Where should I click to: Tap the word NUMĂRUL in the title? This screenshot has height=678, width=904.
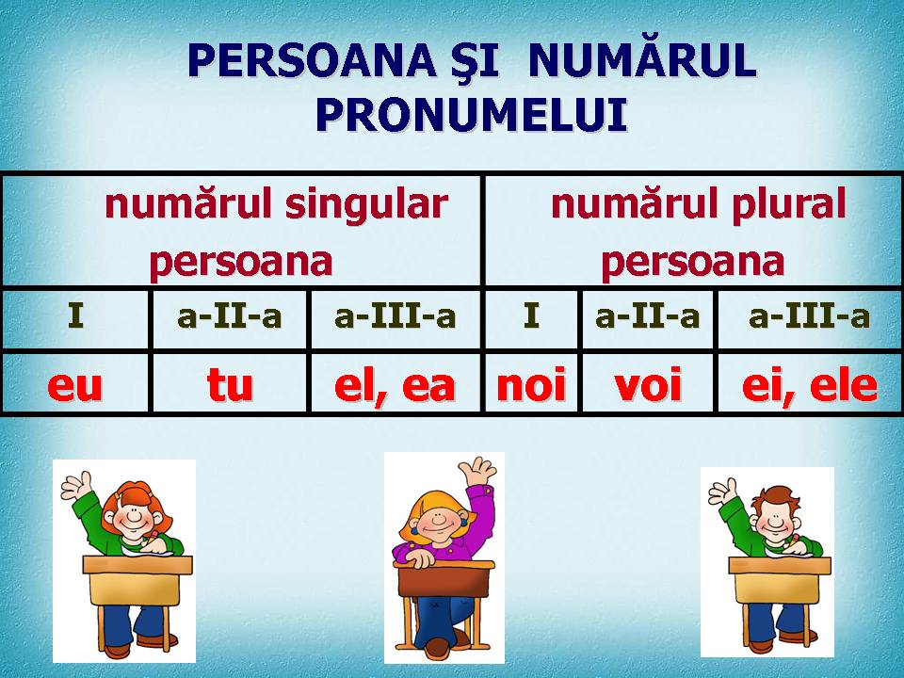642,62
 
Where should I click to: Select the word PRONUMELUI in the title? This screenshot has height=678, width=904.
471,115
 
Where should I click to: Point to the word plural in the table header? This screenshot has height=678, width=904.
791,204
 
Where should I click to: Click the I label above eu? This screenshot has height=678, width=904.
75,316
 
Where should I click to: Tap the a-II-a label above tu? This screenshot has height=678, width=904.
229,316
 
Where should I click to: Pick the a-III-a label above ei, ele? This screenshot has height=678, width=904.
809,316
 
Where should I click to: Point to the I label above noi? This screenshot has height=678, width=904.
532,316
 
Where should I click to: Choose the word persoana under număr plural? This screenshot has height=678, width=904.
692,262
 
